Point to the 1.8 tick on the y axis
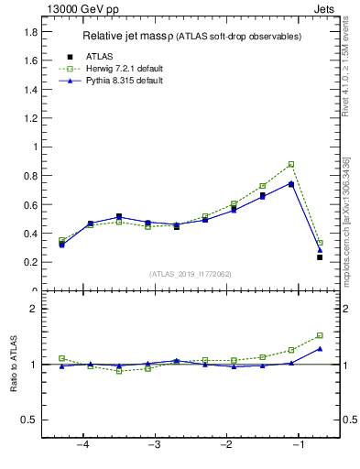[29, 31]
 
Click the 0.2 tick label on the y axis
[29, 262]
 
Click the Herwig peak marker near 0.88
[291, 164]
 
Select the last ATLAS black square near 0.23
[320, 257]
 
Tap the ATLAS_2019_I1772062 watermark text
[190, 274]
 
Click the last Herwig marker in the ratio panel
[320, 335]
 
